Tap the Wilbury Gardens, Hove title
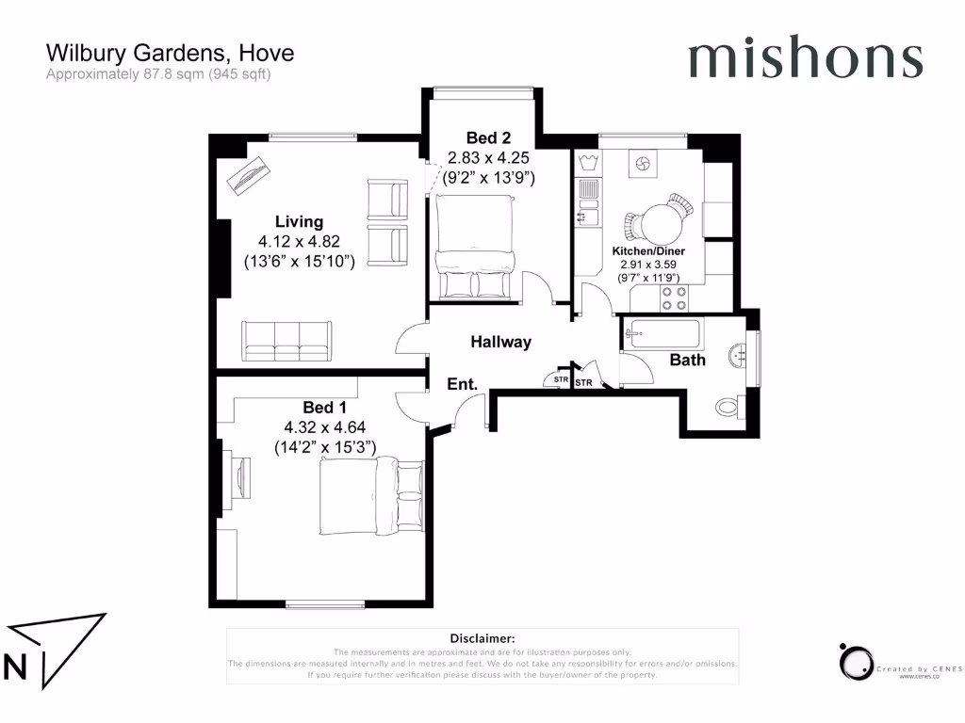(170, 54)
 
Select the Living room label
(299, 222)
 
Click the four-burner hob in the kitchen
(674, 298)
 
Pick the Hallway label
(500, 343)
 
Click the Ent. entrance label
(462, 384)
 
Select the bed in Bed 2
(474, 247)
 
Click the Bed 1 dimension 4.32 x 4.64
(325, 428)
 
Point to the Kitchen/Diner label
(648, 252)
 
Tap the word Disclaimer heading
(482, 638)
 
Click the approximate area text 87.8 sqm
(158, 74)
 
